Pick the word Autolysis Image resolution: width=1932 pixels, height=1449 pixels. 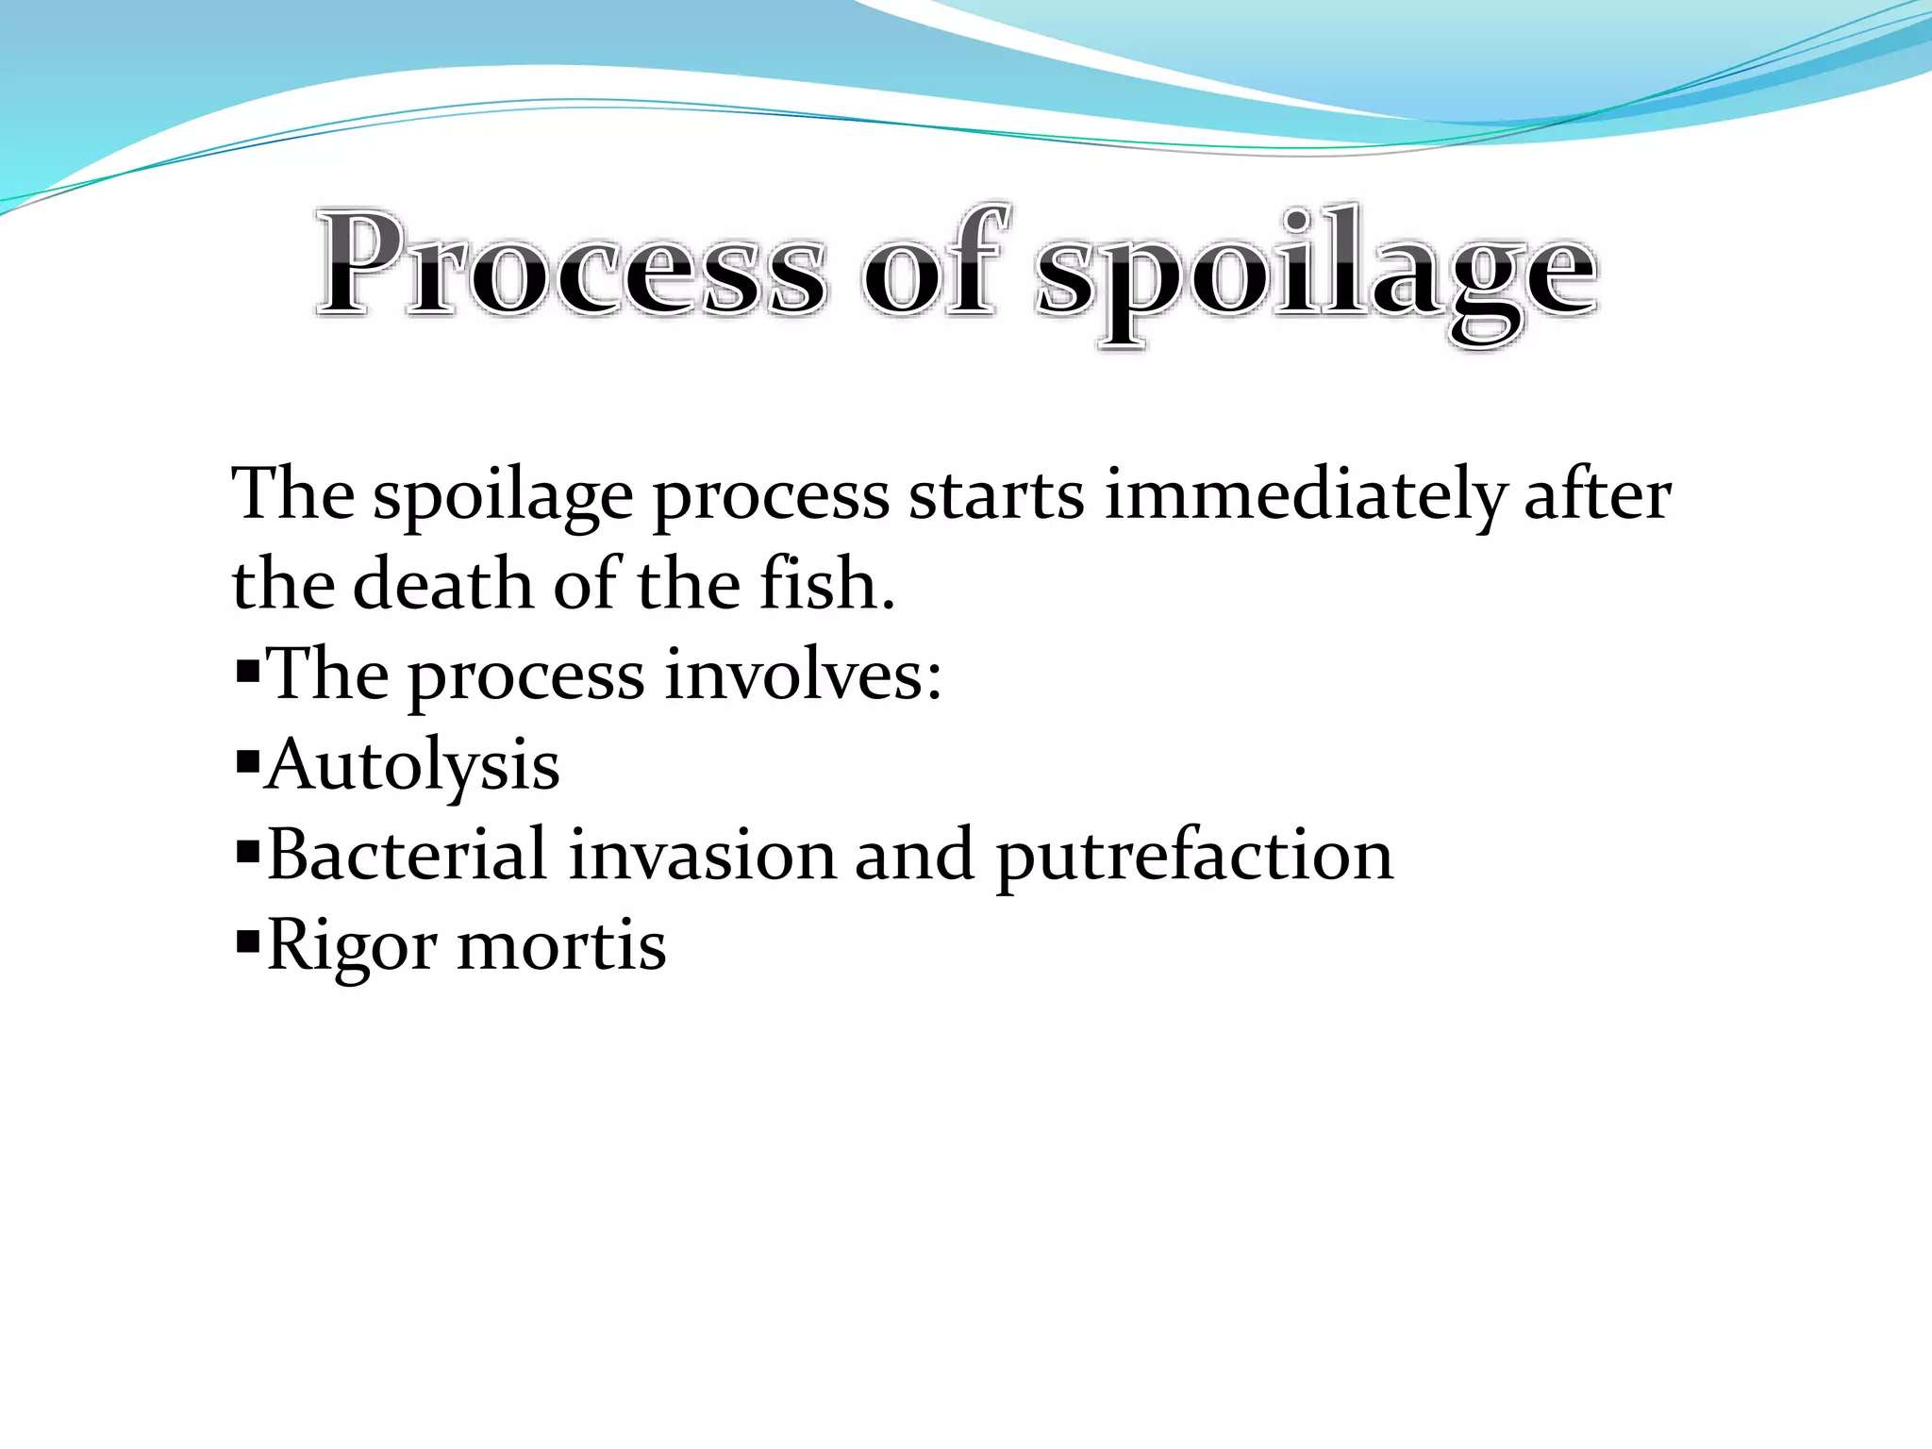tap(413, 765)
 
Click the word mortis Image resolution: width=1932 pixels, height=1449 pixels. tap(561, 944)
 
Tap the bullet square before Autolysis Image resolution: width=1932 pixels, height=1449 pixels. tap(248, 760)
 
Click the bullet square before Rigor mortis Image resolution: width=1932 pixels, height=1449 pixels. tap(248, 941)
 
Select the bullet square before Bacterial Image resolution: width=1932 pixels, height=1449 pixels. tap(248, 851)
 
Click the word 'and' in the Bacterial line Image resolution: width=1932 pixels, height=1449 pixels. tap(914, 855)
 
